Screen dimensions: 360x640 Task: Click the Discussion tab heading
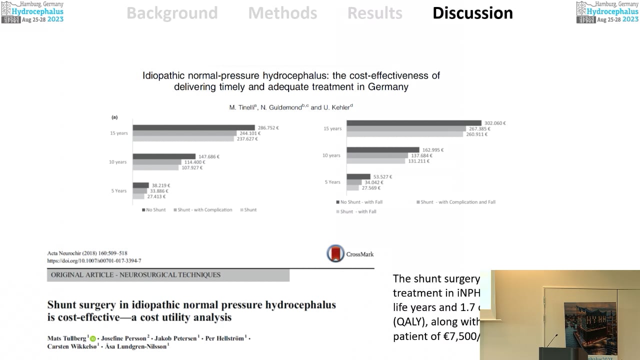[472, 13]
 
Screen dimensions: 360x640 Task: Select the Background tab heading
[172, 13]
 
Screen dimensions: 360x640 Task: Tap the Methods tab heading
[282, 13]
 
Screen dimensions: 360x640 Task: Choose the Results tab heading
[374, 13]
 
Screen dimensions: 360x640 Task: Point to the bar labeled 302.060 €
[413, 123]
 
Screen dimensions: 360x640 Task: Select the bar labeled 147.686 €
[164, 156]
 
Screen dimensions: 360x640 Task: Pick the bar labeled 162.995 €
[382, 150]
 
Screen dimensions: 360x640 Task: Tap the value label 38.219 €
[161, 185]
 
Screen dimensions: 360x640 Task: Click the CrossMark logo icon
[335, 254]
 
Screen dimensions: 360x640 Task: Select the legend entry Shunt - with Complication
[203, 210]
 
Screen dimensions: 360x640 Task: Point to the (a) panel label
[114, 117]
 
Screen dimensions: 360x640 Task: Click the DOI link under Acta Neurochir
[94, 261]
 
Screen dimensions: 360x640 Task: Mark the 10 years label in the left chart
[118, 162]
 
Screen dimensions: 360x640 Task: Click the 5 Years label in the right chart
[332, 182]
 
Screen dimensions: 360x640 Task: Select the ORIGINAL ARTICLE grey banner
[168, 275]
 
